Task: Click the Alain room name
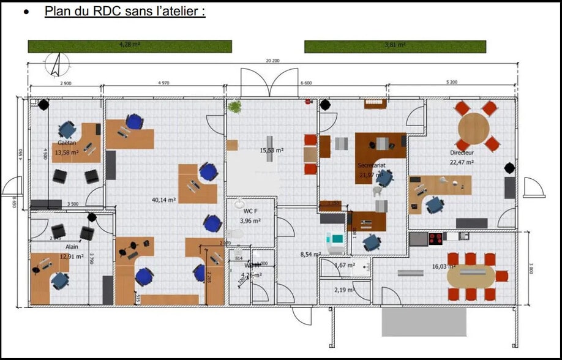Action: pos(72,247)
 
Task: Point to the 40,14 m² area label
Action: pos(164,200)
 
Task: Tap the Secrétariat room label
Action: pos(372,165)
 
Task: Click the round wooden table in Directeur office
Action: pos(474,127)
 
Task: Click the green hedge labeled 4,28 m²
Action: pos(130,46)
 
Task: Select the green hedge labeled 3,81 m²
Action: pos(395,46)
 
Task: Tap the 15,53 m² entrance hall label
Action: pos(271,150)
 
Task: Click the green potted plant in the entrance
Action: pos(234,107)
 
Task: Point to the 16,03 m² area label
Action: pos(441,267)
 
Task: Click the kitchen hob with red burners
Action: pos(436,238)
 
